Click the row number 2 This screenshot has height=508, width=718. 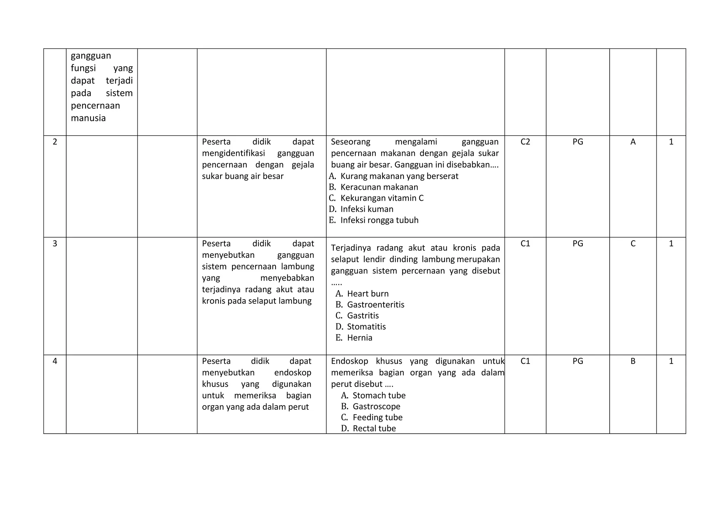(x=55, y=142)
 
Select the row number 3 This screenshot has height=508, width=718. (x=55, y=243)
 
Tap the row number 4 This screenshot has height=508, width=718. (x=55, y=361)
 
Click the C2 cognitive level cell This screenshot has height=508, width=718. (x=525, y=142)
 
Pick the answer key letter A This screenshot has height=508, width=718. (x=633, y=142)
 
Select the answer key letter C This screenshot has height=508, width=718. (x=633, y=243)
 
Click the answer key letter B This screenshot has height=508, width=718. (x=633, y=361)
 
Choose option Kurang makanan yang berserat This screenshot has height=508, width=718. (x=399, y=176)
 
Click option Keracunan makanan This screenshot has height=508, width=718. (x=379, y=187)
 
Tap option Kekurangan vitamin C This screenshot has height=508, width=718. (x=382, y=198)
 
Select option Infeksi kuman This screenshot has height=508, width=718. (x=367, y=209)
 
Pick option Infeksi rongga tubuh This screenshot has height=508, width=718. (x=379, y=220)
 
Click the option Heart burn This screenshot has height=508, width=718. (x=367, y=294)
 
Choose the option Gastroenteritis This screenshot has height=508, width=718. (x=375, y=305)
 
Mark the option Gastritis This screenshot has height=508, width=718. (x=363, y=316)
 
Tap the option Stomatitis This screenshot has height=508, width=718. (x=366, y=327)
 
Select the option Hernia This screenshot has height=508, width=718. (x=359, y=338)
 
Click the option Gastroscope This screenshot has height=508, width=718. (x=376, y=406)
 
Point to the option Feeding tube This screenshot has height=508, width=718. (x=377, y=417)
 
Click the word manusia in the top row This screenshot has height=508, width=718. (x=88, y=118)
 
